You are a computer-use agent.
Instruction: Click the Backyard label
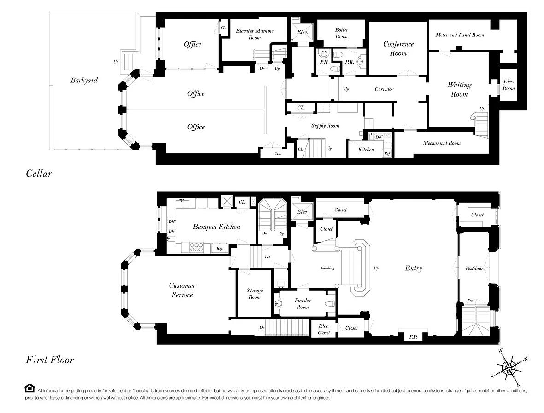84,81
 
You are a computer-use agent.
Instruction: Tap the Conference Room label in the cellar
398,48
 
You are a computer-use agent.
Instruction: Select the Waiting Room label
459,89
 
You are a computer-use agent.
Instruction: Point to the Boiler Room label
341,33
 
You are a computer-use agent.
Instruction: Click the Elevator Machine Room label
255,34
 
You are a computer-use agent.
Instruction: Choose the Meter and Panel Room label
460,35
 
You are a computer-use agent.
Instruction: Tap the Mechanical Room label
442,143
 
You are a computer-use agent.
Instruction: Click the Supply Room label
325,126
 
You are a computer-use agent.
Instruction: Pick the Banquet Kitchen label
216,227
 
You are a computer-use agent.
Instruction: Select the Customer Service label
182,290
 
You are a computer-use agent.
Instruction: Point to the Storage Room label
254,294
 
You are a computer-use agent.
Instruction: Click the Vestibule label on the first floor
474,268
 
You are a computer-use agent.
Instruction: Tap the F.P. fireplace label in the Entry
413,337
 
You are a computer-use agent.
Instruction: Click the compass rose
509,367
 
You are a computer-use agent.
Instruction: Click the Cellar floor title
39,174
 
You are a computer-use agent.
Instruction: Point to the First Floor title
50,360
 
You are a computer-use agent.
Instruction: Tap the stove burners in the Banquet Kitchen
196,247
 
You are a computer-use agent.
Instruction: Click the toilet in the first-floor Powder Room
331,304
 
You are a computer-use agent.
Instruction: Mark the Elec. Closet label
324,329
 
